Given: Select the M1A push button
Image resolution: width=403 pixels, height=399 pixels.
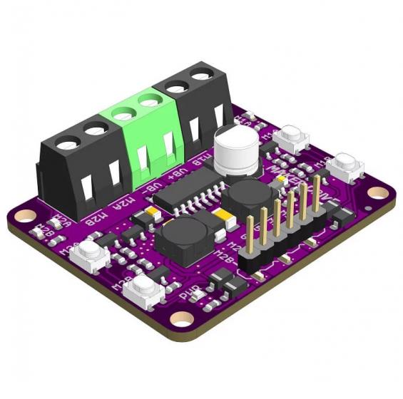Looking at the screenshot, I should point(291,138).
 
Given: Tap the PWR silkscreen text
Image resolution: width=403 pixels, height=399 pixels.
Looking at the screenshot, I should point(188,293).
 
